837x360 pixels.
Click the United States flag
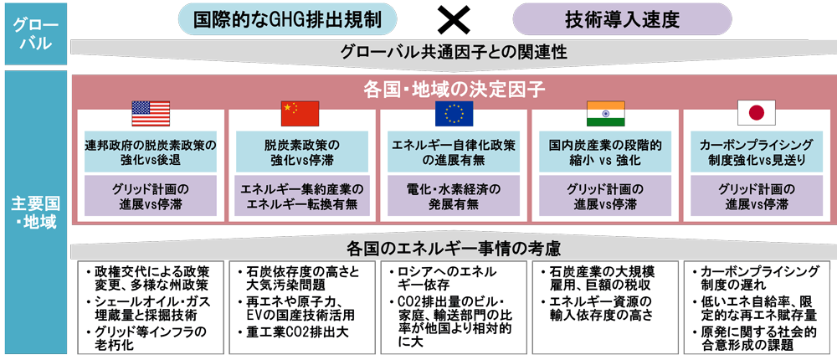click(151, 113)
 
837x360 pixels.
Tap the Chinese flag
click(300, 113)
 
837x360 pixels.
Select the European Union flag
click(454, 113)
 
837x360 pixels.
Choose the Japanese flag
click(755, 113)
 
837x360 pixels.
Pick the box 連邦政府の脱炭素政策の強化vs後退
click(151, 152)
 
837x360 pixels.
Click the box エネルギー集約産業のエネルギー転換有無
click(300, 196)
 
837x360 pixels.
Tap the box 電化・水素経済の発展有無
click(454, 196)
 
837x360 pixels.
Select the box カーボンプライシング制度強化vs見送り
click(755, 152)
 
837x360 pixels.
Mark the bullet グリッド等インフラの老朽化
click(146, 339)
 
